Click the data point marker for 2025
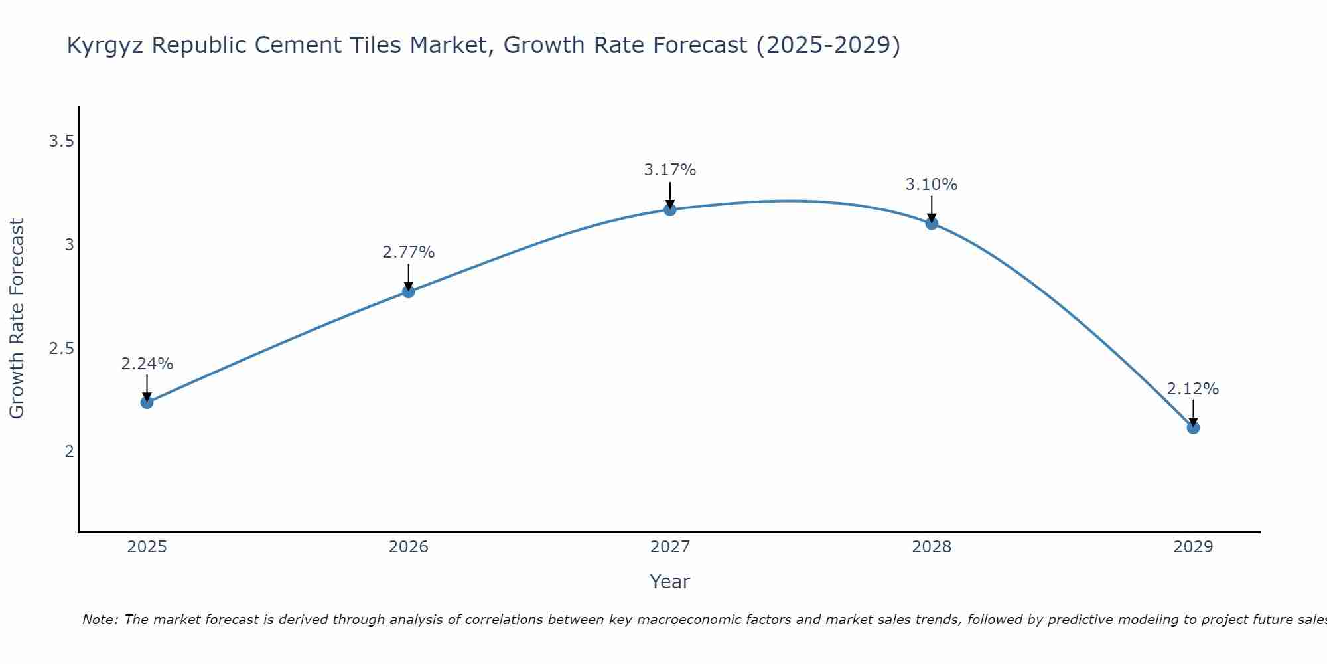coord(147,402)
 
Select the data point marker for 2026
coord(409,291)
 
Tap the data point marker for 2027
coord(670,210)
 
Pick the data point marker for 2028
coord(932,224)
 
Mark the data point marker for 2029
coord(1193,428)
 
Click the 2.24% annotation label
coord(147,364)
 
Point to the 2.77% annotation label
coord(409,252)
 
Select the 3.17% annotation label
coord(670,170)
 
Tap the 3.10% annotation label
coord(932,185)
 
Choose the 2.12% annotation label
coord(1193,389)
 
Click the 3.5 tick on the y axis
coord(61,141)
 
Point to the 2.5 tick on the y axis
coord(61,349)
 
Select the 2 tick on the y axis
coord(69,452)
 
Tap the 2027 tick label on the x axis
coord(670,547)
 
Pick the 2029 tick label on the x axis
coord(1193,547)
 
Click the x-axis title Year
coord(670,582)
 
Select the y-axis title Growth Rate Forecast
coord(17,319)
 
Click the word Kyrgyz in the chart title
coord(106,46)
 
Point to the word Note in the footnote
coord(100,620)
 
